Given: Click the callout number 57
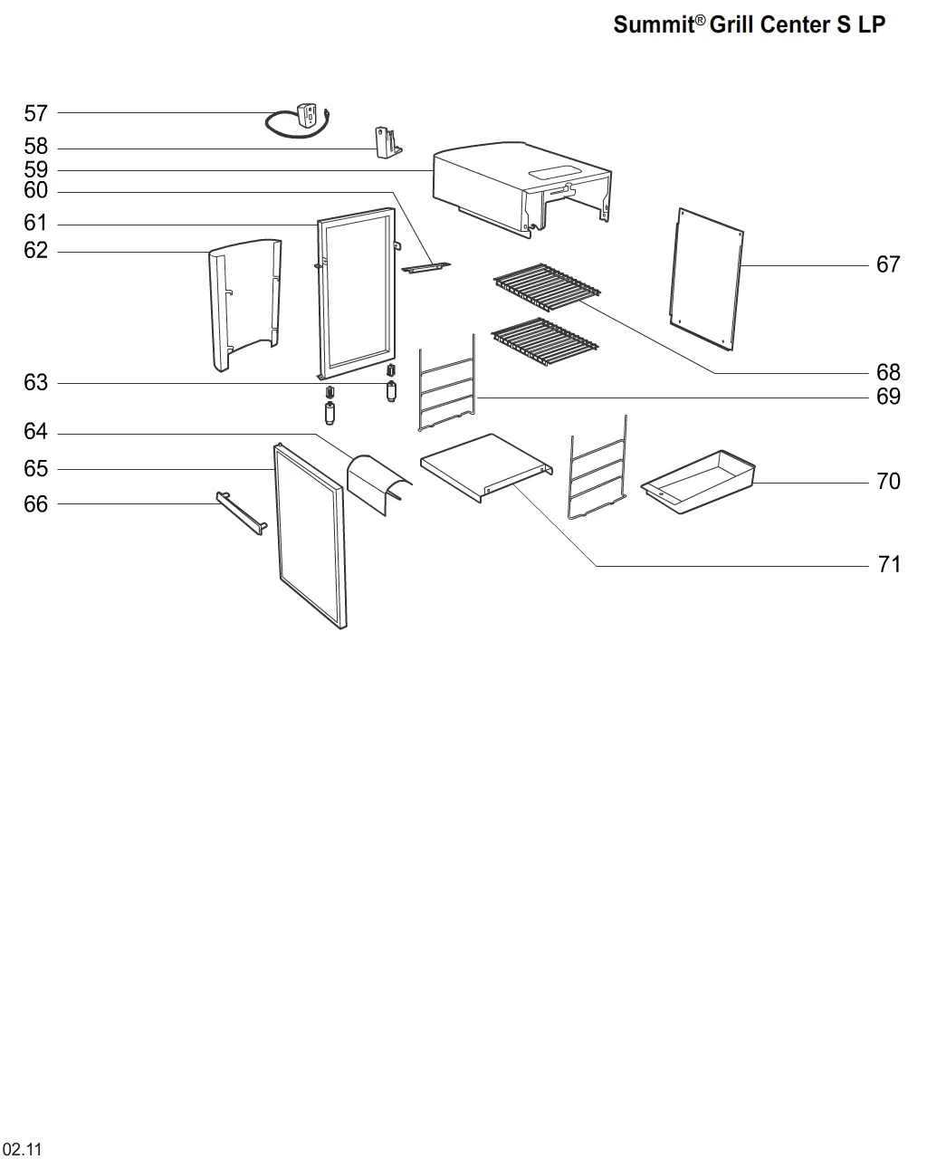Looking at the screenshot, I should pyautogui.click(x=35, y=113).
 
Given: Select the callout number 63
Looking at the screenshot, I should pyautogui.click(x=35, y=383).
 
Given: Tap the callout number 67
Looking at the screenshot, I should pyautogui.click(x=888, y=264).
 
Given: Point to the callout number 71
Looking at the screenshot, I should pyautogui.click(x=890, y=564).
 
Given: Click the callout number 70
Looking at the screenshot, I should pyautogui.click(x=888, y=481).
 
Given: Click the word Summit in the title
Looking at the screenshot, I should pyautogui.click(x=652, y=24).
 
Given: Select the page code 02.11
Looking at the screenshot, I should pyautogui.click(x=22, y=1149).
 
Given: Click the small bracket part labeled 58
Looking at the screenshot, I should pyautogui.click(x=387, y=141).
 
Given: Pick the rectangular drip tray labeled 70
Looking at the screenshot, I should pyautogui.click(x=697, y=483).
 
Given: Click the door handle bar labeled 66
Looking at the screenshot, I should pyautogui.click(x=241, y=512).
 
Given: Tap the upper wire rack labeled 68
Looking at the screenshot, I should pyautogui.click(x=547, y=285).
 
